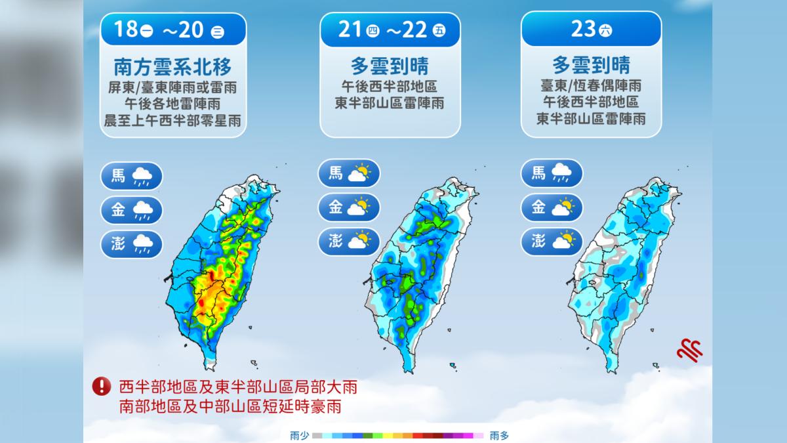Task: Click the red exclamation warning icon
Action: (102, 386)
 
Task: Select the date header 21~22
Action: (390, 30)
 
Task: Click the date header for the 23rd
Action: (592, 29)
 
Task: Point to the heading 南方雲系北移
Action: (173, 67)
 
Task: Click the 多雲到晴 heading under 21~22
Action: (390, 66)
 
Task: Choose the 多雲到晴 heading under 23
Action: (592, 65)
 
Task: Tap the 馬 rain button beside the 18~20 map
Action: (131, 176)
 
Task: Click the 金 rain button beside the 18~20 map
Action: (131, 210)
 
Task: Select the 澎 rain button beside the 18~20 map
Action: (131, 244)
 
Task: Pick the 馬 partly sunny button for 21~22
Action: (349, 173)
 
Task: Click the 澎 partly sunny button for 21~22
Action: (349, 242)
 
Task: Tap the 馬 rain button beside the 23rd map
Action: (552, 173)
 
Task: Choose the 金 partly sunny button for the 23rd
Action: (552, 207)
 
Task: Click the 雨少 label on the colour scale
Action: (299, 436)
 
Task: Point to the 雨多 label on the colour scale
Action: (499, 436)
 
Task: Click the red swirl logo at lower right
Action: (689, 350)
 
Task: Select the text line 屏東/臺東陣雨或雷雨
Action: (172, 87)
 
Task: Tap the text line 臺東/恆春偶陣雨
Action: (592, 86)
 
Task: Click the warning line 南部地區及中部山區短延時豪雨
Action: (230, 407)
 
